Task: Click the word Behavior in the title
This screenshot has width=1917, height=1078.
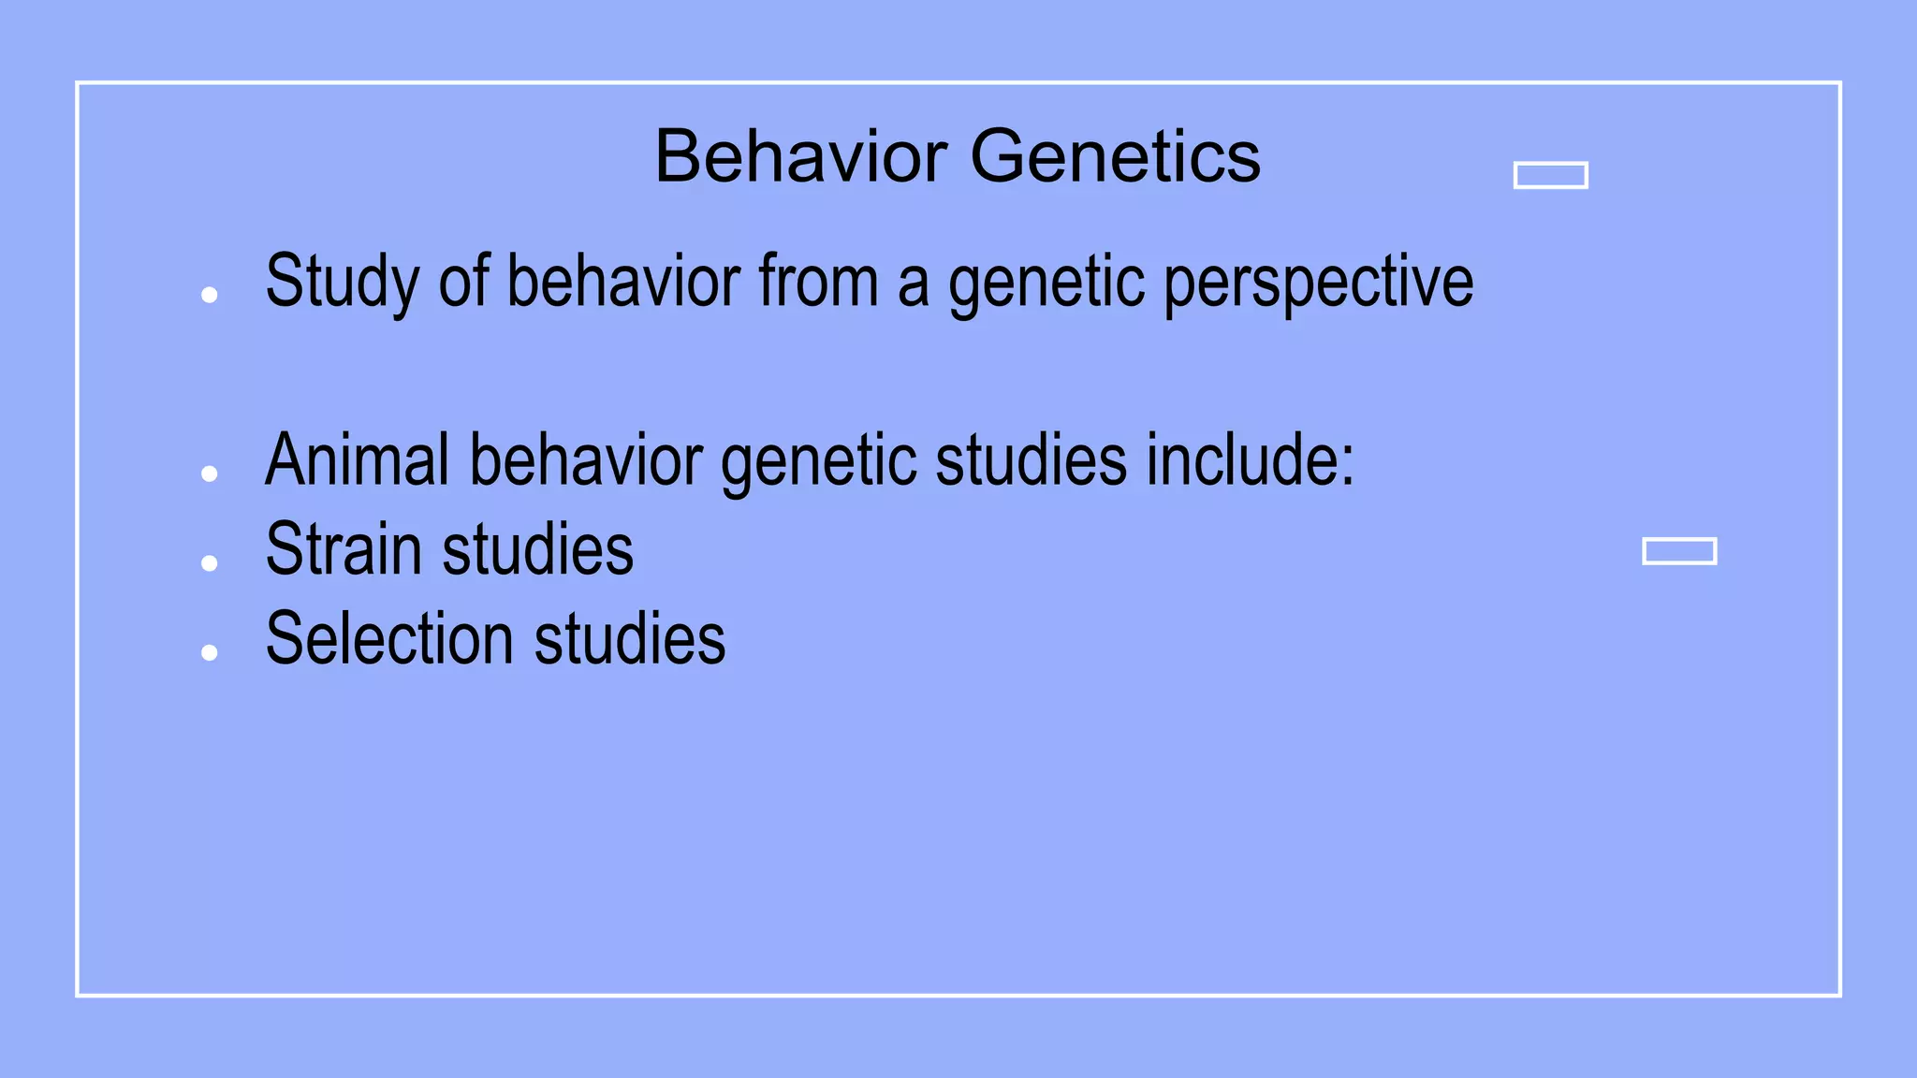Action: (x=801, y=156)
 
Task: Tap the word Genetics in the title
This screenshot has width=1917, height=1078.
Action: (x=1115, y=156)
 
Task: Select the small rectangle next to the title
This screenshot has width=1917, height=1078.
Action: (x=1550, y=175)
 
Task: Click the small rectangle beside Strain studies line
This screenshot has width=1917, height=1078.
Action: (x=1679, y=551)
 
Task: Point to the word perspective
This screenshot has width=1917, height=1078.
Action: (x=1318, y=283)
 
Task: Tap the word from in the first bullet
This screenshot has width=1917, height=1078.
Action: (x=818, y=281)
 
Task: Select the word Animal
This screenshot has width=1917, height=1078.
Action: (x=358, y=459)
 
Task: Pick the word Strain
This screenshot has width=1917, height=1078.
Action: (x=344, y=549)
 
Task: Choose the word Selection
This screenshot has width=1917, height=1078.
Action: (x=389, y=639)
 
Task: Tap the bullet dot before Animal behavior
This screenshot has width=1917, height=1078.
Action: (x=210, y=474)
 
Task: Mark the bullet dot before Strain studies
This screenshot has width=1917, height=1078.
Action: (x=210, y=563)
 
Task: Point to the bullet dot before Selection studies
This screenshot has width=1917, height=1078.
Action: (x=210, y=653)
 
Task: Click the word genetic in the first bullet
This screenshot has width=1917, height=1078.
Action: (x=1046, y=283)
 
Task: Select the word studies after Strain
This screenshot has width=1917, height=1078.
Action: (x=537, y=549)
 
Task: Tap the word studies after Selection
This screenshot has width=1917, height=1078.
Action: (x=629, y=639)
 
